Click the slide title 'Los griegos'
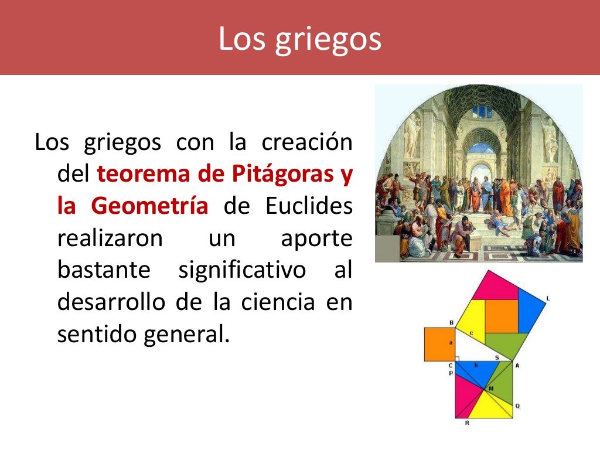pyautogui.click(x=299, y=39)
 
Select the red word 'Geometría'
pyautogui.click(x=150, y=206)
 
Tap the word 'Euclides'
pyautogui.click(x=309, y=206)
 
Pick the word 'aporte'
pyautogui.click(x=316, y=238)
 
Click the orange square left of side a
pyautogui.click(x=439, y=344)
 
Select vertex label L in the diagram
pyautogui.click(x=547, y=299)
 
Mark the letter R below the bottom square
pyautogui.click(x=466, y=422)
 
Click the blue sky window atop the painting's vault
pyautogui.click(x=481, y=111)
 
